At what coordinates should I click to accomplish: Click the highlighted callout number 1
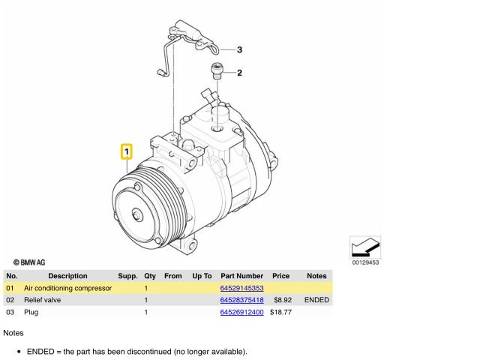click(x=127, y=152)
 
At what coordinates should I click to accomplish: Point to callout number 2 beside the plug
click(x=239, y=73)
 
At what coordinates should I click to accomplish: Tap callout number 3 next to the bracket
click(x=239, y=50)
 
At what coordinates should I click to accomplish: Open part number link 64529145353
click(x=241, y=288)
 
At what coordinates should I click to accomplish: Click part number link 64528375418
click(x=241, y=300)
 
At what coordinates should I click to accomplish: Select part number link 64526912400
click(x=241, y=312)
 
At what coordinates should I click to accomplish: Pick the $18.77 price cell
click(x=280, y=312)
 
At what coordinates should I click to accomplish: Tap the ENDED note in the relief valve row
click(x=316, y=300)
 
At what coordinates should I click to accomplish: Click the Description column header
click(x=67, y=276)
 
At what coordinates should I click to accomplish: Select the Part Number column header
click(x=241, y=276)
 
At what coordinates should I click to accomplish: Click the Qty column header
click(x=150, y=276)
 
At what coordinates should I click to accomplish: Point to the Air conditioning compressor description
click(x=67, y=288)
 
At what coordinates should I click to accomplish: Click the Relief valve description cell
click(x=43, y=300)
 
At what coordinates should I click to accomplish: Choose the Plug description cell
click(x=31, y=312)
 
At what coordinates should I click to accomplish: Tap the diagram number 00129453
click(x=365, y=262)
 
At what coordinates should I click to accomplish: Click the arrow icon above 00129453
click(x=365, y=247)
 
